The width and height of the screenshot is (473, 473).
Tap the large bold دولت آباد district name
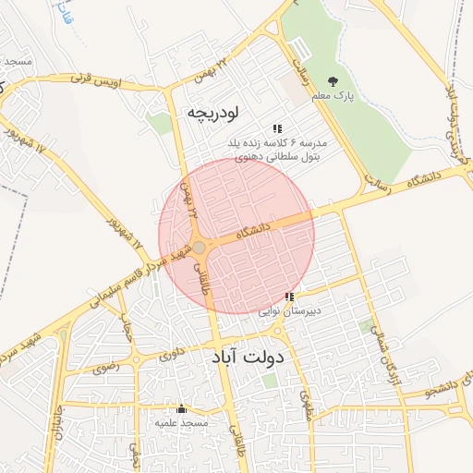[250, 357]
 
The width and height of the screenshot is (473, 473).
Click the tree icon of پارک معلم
[334, 81]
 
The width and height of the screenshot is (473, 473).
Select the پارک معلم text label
[332, 97]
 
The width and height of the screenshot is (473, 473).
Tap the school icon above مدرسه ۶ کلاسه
[275, 128]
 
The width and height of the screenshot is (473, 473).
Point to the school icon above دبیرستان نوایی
[289, 297]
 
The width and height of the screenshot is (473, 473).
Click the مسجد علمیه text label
[181, 422]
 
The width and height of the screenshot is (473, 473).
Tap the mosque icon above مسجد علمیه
[181, 408]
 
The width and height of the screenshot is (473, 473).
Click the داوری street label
[172, 353]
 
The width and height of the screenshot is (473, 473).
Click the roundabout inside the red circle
[199, 247]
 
